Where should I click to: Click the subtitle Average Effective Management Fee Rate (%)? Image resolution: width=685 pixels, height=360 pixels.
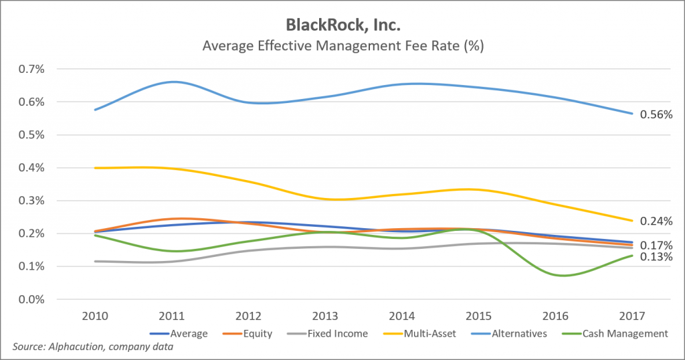pos(342,47)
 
